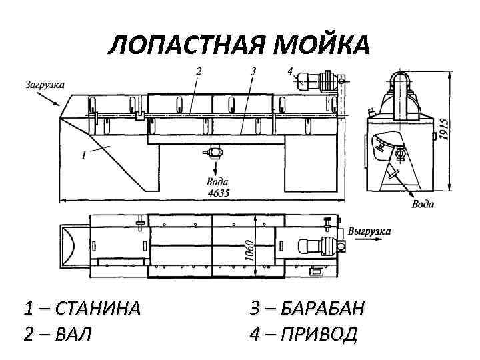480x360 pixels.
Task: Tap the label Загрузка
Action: (45, 85)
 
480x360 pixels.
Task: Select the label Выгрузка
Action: (369, 231)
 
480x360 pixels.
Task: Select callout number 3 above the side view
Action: (253, 70)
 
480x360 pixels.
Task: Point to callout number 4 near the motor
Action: (290, 70)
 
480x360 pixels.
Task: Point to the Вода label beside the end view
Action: (423, 204)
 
